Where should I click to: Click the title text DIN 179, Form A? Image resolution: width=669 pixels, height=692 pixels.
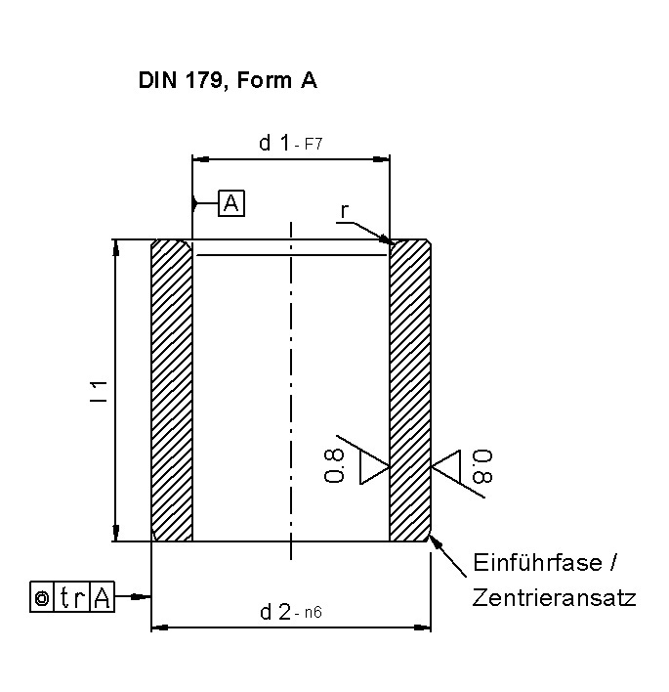click(228, 81)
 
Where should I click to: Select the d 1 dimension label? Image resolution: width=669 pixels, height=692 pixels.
click(274, 143)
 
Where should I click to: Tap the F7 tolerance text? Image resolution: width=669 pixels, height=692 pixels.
click(314, 145)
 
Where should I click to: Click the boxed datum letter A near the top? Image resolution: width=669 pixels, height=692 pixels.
click(231, 203)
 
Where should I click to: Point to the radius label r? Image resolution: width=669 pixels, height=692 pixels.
click(345, 211)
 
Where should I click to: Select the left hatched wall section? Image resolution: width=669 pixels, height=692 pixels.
click(172, 391)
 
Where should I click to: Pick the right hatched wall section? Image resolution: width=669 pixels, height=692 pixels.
click(410, 391)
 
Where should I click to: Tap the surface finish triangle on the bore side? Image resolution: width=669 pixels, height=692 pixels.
click(375, 467)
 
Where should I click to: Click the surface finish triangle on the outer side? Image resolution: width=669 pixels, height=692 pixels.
click(446, 466)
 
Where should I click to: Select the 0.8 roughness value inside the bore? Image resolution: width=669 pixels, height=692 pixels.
click(334, 465)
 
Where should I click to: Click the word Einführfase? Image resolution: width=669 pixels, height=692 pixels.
click(537, 563)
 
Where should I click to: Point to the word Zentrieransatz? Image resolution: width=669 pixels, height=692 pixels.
click(555, 598)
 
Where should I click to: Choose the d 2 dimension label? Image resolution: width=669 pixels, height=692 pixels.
click(275, 612)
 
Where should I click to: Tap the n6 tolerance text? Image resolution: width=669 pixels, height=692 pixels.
click(314, 613)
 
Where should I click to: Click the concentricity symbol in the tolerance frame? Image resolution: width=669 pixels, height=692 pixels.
click(42, 597)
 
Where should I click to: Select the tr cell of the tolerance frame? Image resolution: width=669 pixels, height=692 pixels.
click(72, 597)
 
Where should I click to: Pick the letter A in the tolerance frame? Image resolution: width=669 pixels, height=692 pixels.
click(102, 597)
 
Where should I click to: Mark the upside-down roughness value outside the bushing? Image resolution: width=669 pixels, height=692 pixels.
click(482, 466)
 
